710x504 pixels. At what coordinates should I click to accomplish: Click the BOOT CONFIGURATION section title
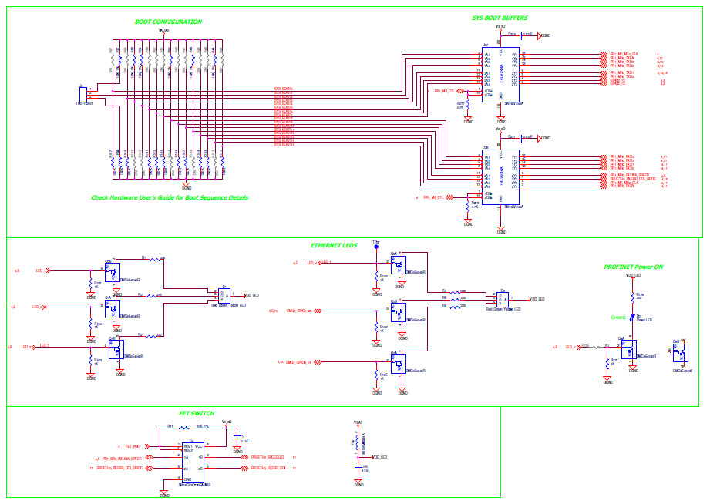pos(168,22)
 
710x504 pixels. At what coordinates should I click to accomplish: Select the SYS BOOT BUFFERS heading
pos(500,17)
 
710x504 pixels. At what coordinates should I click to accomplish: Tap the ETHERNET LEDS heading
pos(333,245)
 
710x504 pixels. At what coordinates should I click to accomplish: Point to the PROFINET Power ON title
pos(633,267)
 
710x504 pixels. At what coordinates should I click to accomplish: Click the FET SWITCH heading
pos(197,413)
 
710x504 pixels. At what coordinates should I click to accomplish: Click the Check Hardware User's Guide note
pos(170,197)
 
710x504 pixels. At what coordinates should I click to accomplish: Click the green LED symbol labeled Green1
pos(633,318)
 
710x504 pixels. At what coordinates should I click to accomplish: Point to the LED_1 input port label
pos(42,270)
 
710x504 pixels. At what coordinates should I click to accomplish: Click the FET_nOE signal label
pos(132,446)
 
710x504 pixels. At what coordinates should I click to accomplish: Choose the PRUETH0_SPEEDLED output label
pos(268,457)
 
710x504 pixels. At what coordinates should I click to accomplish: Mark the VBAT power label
pos(358,422)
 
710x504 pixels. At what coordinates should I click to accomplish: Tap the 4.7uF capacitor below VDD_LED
pos(358,467)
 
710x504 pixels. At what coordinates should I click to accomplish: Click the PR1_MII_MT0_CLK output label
pos(624,54)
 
